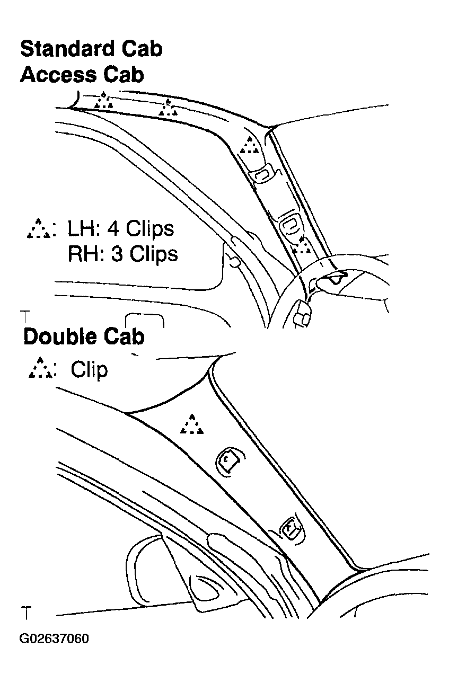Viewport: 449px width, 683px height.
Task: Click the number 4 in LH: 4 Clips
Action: click(x=112, y=229)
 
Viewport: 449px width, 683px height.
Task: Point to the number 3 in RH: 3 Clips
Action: click(x=117, y=254)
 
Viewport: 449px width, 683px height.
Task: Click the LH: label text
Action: click(x=84, y=229)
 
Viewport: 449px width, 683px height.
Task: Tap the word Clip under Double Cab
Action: click(x=89, y=370)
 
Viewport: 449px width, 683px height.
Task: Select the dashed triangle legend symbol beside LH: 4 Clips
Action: click(x=39, y=228)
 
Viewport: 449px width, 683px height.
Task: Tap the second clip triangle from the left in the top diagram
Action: click(x=168, y=108)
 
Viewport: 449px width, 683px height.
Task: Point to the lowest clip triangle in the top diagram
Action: click(x=302, y=246)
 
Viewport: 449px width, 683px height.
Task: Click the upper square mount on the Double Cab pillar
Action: click(x=230, y=462)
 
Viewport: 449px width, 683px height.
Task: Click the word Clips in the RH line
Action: click(x=155, y=255)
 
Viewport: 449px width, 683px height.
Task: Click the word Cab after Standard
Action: click(x=142, y=49)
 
